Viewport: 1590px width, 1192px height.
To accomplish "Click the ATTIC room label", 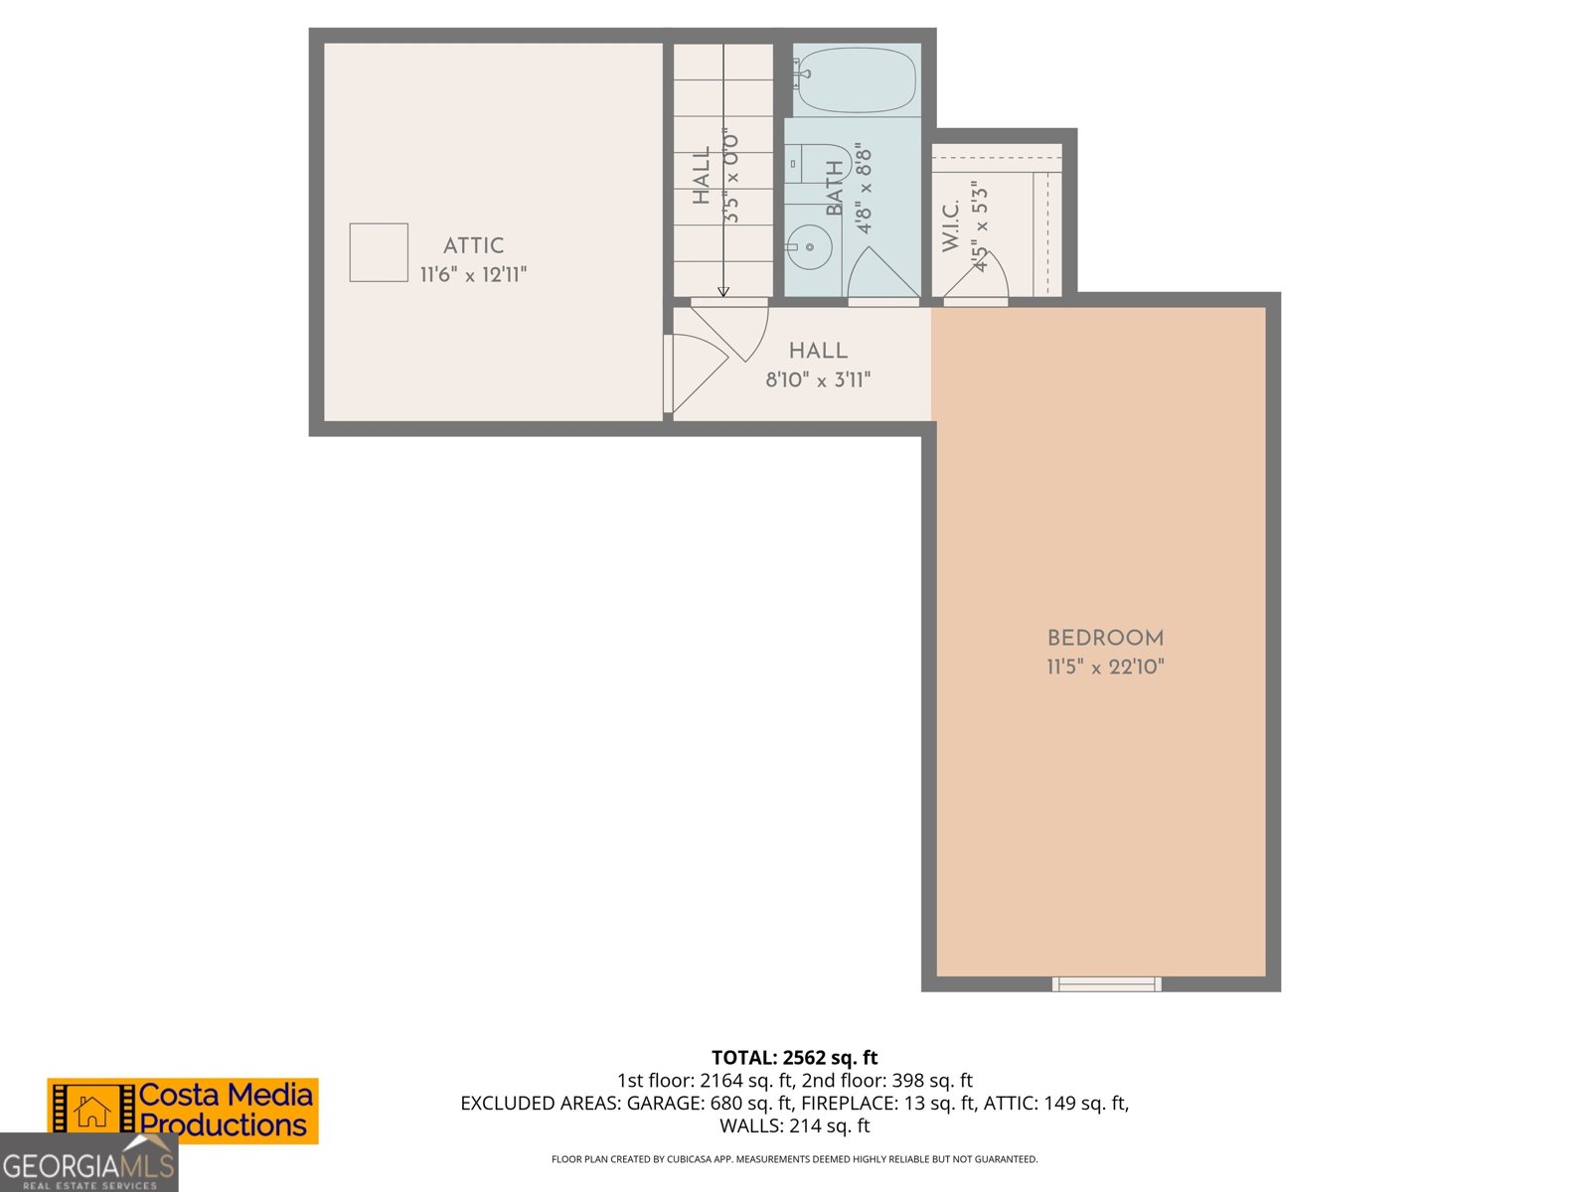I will coord(473,245).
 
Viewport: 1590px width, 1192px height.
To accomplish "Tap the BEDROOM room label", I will coord(1105,638).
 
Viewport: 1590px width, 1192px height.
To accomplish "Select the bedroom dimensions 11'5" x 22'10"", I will coord(1105,667).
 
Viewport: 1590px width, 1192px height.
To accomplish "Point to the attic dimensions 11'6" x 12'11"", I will coord(473,274).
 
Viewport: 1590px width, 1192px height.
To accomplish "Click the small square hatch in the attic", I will coord(379,252).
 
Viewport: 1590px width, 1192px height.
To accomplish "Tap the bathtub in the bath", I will coord(856,79).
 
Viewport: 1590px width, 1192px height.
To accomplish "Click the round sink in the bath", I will coord(810,247).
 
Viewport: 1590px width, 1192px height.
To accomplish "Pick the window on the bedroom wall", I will coord(1106,983).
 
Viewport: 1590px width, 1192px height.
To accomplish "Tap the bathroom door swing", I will coord(879,273).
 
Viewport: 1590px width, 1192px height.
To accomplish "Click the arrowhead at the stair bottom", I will coord(723,292).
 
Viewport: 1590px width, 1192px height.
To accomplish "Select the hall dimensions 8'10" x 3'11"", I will coord(818,379).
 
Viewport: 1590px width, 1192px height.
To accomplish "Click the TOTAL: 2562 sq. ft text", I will coord(794,1058).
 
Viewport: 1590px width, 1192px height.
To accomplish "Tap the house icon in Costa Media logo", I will coord(92,1112).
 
